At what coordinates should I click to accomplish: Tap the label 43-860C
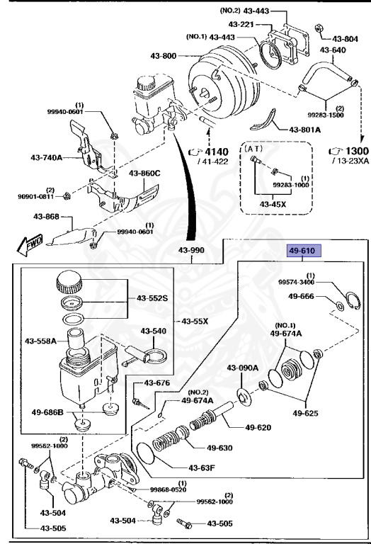pos(144,173)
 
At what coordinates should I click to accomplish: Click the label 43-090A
pos(243,368)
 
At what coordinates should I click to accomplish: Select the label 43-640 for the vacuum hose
pos(333,50)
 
